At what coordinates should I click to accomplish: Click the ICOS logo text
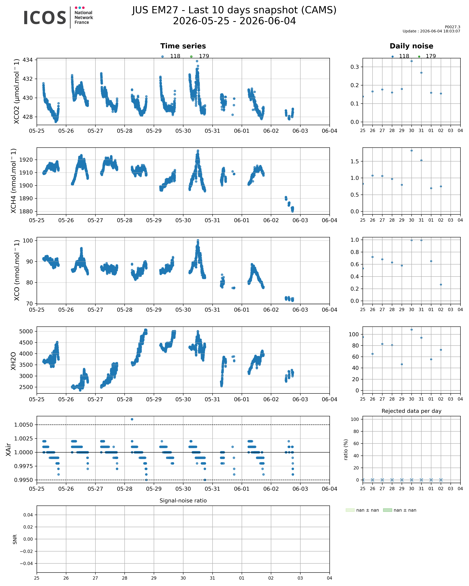[45, 18]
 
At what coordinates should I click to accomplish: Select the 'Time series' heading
[183, 46]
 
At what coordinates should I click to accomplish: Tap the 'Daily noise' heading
[411, 46]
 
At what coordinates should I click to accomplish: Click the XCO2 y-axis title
[17, 91]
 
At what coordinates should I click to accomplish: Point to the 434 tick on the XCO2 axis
[27, 60]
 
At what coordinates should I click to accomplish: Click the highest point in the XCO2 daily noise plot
[411, 61]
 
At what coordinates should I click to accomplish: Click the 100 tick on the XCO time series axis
[27, 241]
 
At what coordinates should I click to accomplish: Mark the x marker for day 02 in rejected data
[441, 480]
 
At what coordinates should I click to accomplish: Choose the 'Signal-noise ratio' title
[183, 501]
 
